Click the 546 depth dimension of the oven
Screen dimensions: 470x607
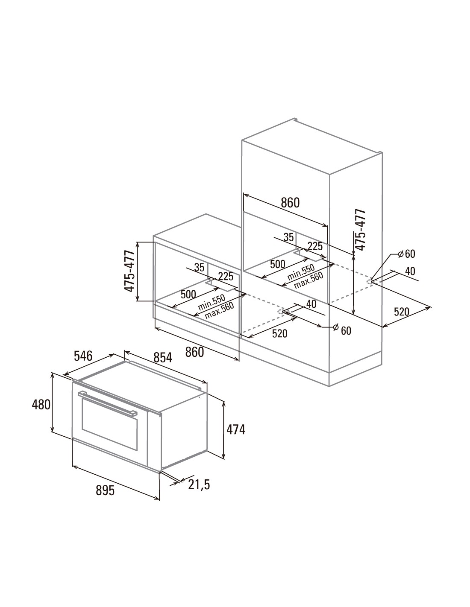(83, 356)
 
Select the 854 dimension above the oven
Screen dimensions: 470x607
(163, 357)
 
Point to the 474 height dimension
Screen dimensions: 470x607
(236, 429)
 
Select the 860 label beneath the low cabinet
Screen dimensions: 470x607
(194, 352)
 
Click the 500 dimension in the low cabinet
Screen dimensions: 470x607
(188, 294)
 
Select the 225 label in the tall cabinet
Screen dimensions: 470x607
(315, 246)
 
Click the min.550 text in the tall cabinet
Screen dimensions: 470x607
(301, 272)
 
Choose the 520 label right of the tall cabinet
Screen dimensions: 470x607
(402, 311)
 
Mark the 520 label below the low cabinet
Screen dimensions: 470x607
(279, 333)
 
